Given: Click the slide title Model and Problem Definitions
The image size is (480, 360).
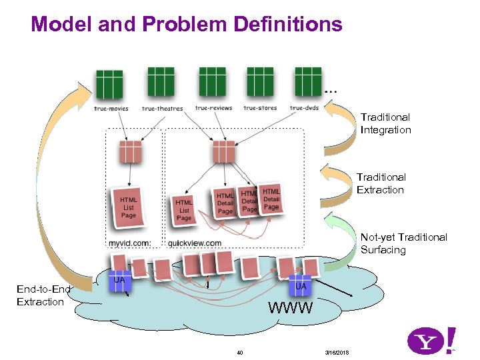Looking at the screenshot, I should coord(186,25).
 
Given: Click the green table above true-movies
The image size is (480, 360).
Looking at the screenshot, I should coord(109,85).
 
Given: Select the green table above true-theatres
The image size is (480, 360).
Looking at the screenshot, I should coord(160,81).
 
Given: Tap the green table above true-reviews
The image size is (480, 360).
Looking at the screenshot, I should coord(212,81).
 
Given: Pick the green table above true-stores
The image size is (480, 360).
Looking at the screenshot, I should coord(260,81).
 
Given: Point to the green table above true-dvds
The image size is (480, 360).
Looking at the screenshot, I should coord(308,81).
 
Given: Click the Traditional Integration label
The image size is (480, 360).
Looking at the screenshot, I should coord(385,123).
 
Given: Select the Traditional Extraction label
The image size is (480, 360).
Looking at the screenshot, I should coord(381,183).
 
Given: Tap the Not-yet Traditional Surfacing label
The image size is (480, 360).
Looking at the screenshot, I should coord(403,243).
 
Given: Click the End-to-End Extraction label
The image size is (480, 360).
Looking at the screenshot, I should coord(43,295).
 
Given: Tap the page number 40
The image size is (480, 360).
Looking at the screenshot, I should coord(240,353).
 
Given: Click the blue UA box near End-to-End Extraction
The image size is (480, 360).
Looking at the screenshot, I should coord(119,283).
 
